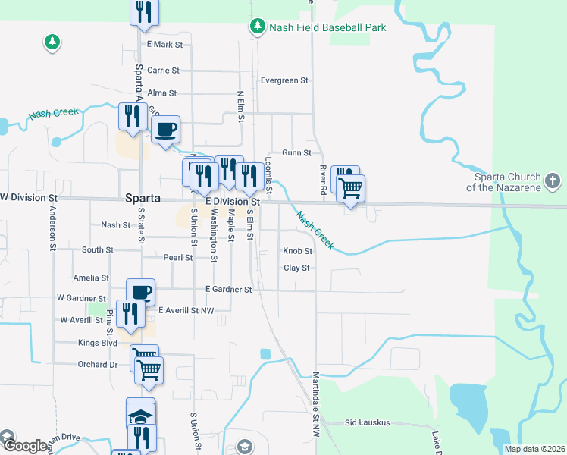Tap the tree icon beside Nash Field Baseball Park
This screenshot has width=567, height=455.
[258, 27]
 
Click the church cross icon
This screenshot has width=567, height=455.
[553, 182]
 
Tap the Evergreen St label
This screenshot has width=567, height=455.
[284, 80]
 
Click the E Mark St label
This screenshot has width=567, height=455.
[165, 45]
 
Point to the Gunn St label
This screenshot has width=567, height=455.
[296, 152]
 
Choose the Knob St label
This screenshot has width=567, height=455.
[297, 251]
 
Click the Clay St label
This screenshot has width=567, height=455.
[296, 268]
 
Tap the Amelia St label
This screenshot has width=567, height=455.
[91, 278]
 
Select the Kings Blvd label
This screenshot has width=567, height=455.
[98, 343]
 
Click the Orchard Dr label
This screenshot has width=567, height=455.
[99, 364]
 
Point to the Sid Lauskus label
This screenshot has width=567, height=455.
[367, 422]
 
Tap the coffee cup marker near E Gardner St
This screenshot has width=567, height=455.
[140, 291]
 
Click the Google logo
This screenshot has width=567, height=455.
[24, 445]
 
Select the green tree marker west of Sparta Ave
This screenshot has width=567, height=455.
[52, 42]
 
